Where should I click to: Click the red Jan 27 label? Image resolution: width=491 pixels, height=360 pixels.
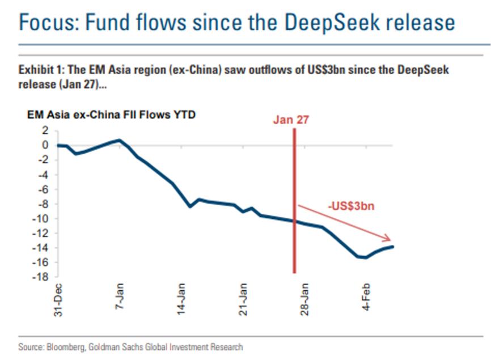(x=291, y=120)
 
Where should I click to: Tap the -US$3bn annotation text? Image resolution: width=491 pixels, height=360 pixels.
(x=352, y=206)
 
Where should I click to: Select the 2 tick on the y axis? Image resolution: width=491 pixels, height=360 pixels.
(x=44, y=130)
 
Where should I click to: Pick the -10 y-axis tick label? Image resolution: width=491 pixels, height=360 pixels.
(x=40, y=219)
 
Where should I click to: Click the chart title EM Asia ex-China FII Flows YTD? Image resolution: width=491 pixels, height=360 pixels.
(x=111, y=115)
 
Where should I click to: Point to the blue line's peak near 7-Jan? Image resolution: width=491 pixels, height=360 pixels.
(x=119, y=140)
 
